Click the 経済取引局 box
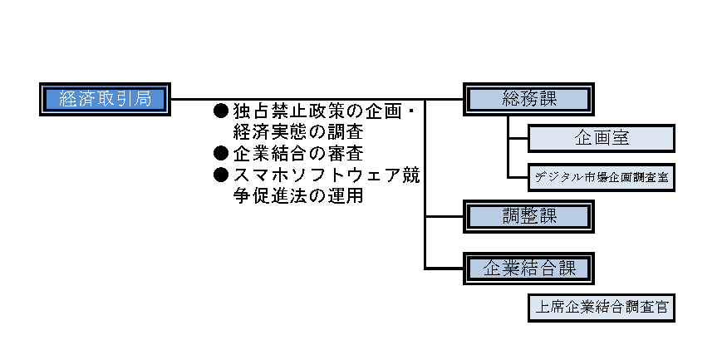pos(105,99)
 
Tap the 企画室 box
pos(601,138)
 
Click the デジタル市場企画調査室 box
pos(601,177)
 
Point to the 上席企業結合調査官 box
pos(601,308)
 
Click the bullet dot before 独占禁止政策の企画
pos(221,111)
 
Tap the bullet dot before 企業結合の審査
pos(221,153)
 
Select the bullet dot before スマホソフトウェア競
pos(221,175)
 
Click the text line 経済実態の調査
pos(297,132)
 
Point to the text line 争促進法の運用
pos(297,197)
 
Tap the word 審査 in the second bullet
pos(345,154)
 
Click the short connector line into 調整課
pos(445,216)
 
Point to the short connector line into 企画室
pos(517,138)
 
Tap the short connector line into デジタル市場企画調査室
pos(517,177)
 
